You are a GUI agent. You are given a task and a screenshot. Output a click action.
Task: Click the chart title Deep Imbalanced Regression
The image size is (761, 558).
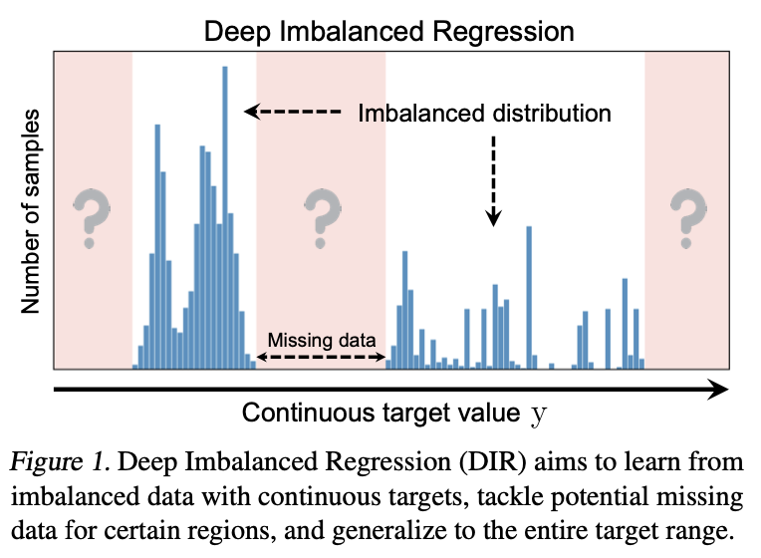click(x=389, y=30)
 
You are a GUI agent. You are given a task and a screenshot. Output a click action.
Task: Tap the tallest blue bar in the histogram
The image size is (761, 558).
click(x=225, y=199)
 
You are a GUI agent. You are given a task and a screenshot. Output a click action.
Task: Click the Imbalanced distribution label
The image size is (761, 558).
click(x=484, y=113)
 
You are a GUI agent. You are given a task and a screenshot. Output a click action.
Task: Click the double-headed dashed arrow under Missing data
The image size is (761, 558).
click(x=321, y=356)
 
